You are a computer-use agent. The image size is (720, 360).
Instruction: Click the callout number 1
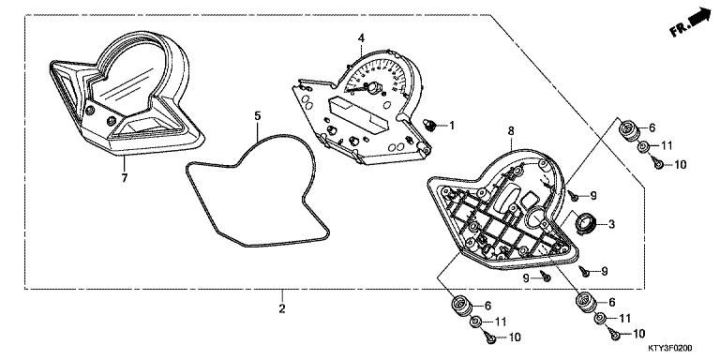pos(450,125)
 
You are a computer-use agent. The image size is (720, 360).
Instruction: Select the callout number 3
pos(611,224)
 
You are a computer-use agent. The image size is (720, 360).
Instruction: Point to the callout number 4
pos(360,38)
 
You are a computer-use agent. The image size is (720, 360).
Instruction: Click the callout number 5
pos(256,116)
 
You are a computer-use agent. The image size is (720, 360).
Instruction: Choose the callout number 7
pos(124,175)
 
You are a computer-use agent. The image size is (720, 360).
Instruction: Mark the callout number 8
pos(510,131)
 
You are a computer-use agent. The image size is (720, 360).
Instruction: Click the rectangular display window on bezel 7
pos(149,120)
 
